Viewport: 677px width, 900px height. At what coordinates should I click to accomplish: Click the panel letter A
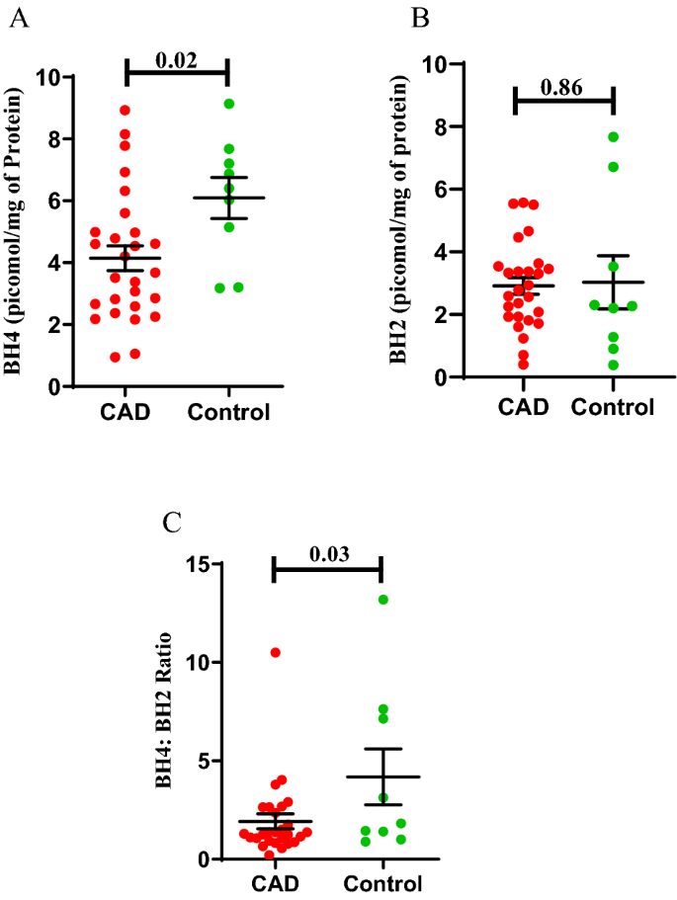18,19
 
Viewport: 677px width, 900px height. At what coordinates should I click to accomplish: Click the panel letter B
419,17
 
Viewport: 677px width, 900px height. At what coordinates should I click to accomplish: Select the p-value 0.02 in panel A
177,59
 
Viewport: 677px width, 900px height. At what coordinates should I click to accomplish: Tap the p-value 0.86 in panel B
564,86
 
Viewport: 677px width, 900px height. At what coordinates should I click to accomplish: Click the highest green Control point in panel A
229,104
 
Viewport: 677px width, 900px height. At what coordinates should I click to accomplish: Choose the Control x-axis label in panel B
613,406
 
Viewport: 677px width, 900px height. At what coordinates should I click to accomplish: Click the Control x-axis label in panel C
383,882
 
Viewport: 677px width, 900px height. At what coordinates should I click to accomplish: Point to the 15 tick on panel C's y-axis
205,564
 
